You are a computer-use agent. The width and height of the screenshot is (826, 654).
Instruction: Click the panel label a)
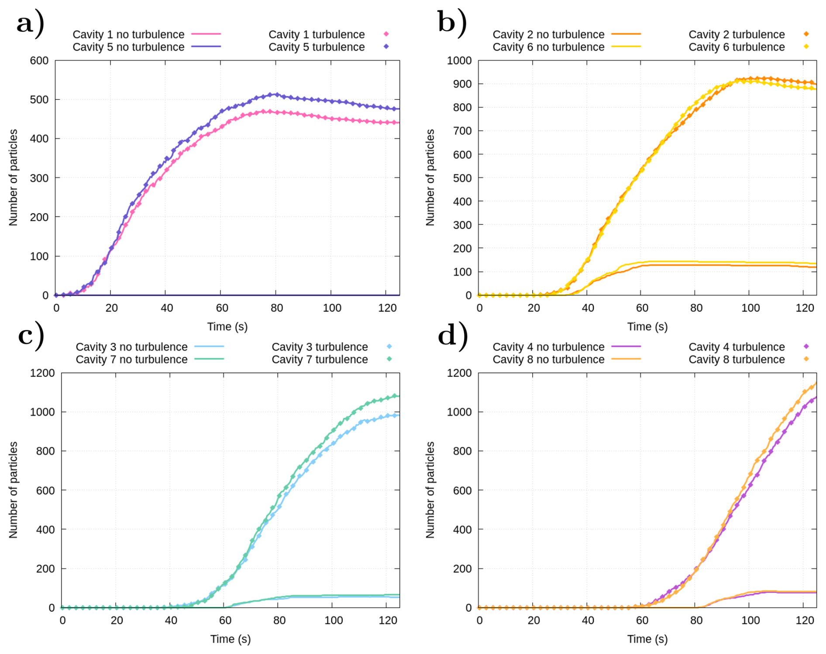30,23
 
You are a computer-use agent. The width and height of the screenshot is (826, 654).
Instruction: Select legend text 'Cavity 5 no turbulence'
128,47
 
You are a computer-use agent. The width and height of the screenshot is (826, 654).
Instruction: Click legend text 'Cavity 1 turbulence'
317,34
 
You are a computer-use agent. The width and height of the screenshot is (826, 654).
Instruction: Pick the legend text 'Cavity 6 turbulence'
737,47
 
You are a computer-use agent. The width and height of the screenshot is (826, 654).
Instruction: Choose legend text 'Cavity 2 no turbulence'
548,34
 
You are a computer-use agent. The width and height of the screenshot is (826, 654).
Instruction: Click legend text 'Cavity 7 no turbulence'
131,360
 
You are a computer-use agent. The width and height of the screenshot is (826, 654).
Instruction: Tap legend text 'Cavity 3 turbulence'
320,347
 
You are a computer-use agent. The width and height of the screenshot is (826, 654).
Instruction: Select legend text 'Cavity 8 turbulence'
737,360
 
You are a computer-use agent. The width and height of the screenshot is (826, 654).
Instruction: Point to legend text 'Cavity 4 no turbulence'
548,347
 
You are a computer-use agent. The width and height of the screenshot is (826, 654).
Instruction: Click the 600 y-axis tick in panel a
39,61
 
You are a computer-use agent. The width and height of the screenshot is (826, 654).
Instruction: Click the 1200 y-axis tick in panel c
42,373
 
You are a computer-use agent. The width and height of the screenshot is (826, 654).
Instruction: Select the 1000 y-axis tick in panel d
459,412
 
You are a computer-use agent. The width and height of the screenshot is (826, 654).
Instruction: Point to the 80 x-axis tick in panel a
276,308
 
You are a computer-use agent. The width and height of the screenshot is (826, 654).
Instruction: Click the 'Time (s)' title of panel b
647,326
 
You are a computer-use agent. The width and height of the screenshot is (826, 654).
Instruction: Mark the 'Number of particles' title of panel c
14,490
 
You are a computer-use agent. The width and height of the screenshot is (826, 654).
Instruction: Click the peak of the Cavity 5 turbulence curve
275,94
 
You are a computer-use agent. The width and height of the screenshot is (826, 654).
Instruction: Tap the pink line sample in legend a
206,34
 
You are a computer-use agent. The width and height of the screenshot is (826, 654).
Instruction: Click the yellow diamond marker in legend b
806,47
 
